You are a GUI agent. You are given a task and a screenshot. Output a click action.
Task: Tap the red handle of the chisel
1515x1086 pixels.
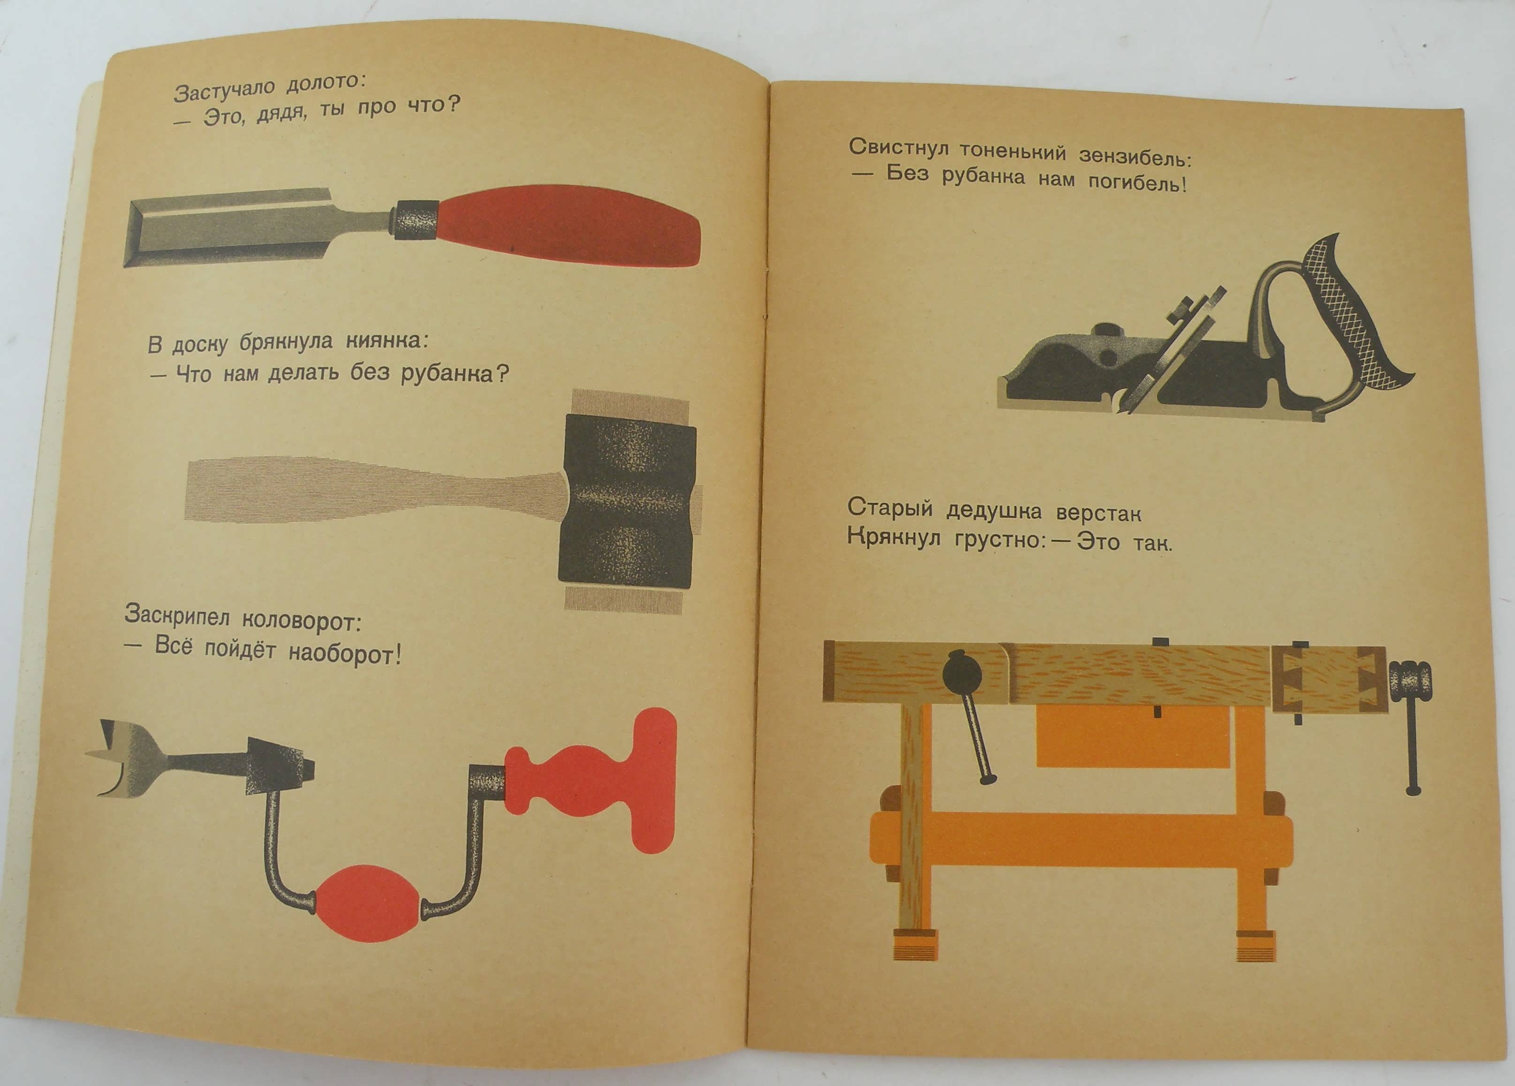[x=568, y=226]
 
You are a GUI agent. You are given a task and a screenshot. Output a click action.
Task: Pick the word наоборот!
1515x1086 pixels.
[x=345, y=654]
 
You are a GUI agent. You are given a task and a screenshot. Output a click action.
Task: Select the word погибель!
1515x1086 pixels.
[x=1137, y=183]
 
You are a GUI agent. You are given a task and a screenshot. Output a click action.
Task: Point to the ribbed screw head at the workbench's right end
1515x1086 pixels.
[x=1411, y=680]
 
